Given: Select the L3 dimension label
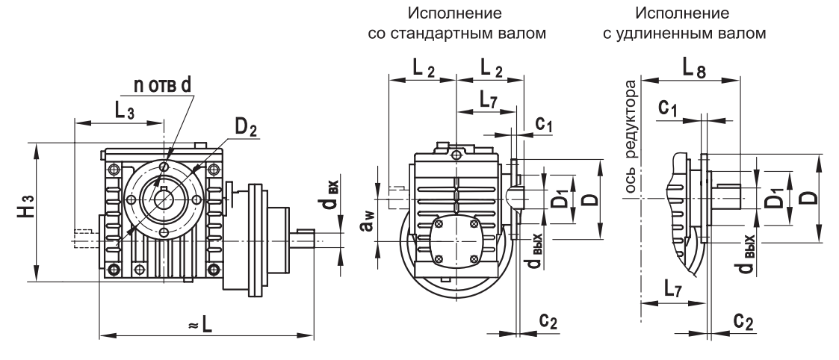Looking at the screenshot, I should tap(126, 110).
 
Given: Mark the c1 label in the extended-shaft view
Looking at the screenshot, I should tap(669, 108).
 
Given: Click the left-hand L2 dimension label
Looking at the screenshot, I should tap(424, 69).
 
